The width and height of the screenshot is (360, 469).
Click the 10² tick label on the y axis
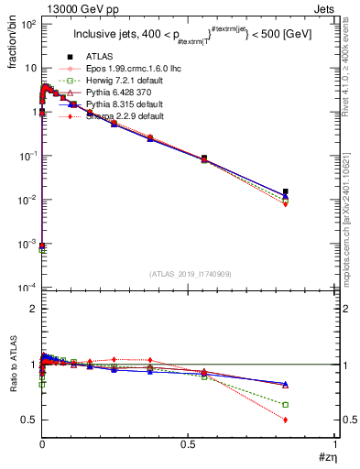tap(26, 24)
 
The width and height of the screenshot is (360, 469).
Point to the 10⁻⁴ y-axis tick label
tap(26, 289)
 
